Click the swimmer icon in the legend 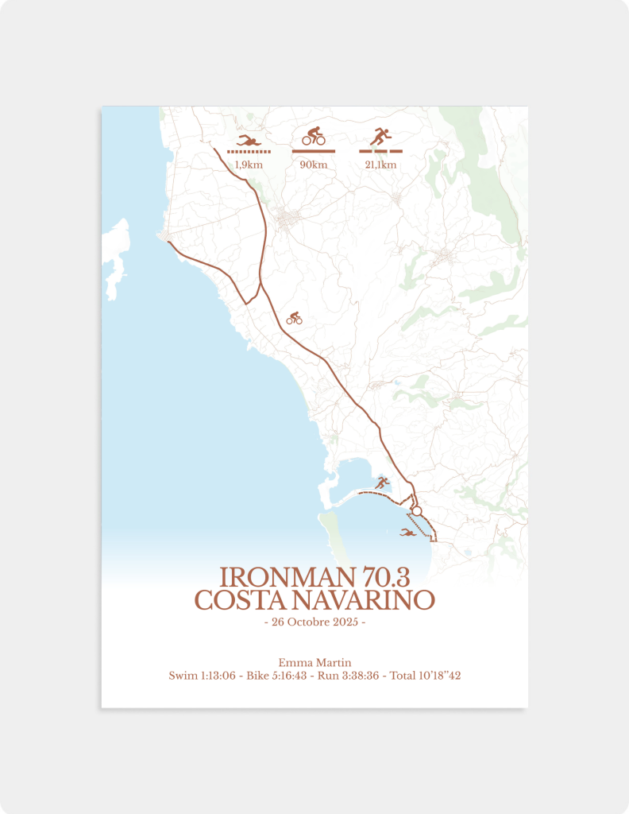coord(249,141)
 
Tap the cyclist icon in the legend coord(314,136)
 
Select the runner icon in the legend coord(380,137)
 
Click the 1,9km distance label coord(249,165)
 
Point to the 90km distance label coord(314,165)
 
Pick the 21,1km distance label coord(380,165)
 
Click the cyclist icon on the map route coord(295,318)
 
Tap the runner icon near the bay coord(383,482)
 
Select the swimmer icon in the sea coord(408,532)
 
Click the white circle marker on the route coord(416,511)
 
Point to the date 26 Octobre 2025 coord(314,622)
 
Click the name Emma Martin coord(314,662)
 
